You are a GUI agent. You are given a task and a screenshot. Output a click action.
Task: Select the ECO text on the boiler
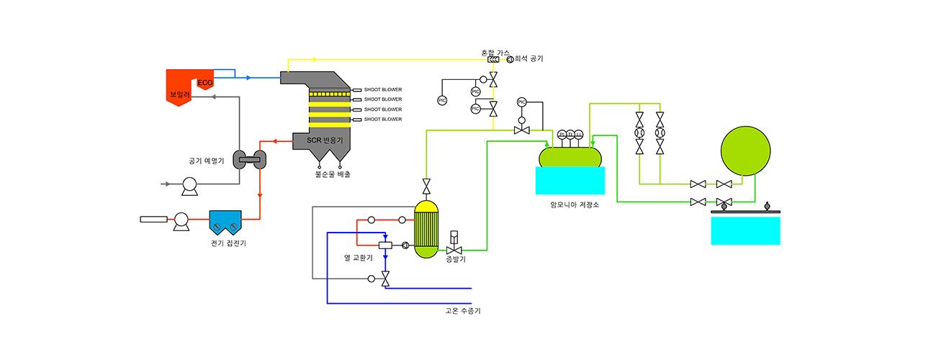[x=205, y=84]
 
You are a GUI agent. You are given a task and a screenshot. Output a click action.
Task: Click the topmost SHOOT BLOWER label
[x=383, y=89]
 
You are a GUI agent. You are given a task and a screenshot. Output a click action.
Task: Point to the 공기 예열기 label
[x=206, y=161]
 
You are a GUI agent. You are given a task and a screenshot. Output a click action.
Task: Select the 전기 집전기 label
[x=228, y=243]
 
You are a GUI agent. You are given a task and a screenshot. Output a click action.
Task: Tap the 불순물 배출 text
[x=333, y=174]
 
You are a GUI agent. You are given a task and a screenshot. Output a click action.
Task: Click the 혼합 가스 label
[x=495, y=53]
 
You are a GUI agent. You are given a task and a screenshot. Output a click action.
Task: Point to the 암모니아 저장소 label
[x=574, y=204]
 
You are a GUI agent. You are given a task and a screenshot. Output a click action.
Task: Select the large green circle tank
[x=746, y=151]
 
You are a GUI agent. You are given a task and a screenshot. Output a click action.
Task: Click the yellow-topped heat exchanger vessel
[x=426, y=229]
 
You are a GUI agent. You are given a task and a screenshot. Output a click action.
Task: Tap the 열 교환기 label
[x=359, y=257]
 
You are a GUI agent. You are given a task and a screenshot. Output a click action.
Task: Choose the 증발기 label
[x=455, y=259]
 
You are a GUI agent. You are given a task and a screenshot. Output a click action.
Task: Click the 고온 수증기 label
[x=463, y=311]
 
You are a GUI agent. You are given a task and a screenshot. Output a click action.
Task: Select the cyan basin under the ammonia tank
[x=570, y=181]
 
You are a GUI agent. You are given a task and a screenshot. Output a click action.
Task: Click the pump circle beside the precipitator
[x=180, y=220]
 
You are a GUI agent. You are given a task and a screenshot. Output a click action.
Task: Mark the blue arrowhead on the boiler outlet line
[x=248, y=77]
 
